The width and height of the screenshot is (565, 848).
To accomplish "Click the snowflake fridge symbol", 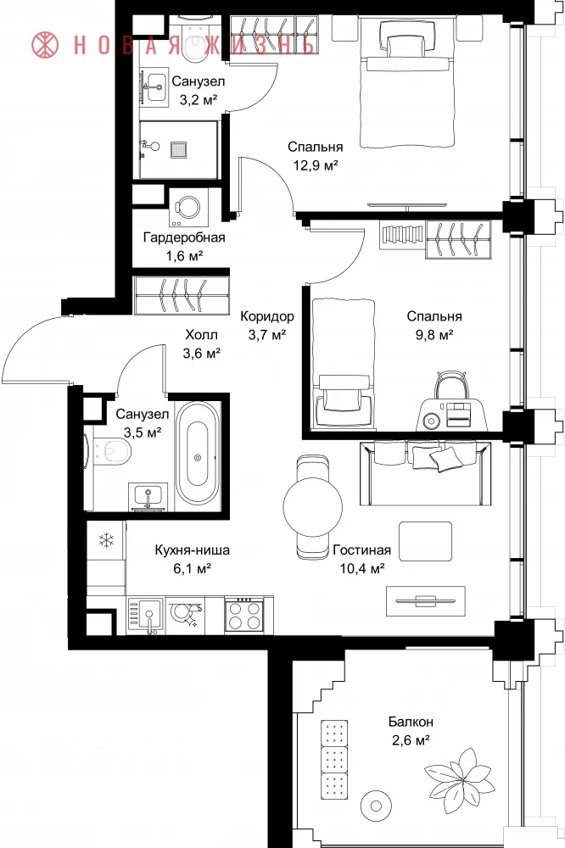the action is [x=106, y=539].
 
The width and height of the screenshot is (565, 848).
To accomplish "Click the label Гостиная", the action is [x=361, y=550].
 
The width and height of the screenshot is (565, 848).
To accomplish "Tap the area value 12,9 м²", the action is [x=316, y=165].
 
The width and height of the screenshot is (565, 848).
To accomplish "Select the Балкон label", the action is [x=411, y=722].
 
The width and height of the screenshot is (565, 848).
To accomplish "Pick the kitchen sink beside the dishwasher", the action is [x=145, y=615].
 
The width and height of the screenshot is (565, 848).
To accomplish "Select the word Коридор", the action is [x=267, y=316].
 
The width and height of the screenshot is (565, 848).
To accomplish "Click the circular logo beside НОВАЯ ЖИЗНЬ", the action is [x=45, y=44].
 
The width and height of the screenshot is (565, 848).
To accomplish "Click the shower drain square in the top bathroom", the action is [x=179, y=149].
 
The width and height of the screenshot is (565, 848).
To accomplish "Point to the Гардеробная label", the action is [x=184, y=237].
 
